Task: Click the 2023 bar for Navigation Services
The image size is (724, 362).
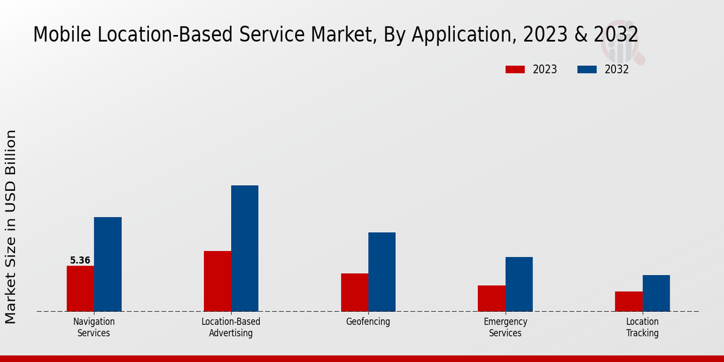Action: click(x=80, y=288)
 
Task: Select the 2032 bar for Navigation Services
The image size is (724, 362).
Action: click(x=107, y=264)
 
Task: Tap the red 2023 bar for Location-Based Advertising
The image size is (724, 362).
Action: click(x=217, y=281)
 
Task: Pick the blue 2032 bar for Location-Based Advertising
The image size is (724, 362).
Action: click(x=244, y=248)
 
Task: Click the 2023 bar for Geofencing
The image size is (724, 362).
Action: click(x=354, y=292)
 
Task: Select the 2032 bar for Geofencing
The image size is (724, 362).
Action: click(x=382, y=271)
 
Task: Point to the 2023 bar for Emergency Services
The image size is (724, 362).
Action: click(x=491, y=298)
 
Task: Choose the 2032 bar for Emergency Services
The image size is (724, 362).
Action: click(x=519, y=284)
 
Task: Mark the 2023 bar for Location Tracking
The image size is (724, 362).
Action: click(x=629, y=301)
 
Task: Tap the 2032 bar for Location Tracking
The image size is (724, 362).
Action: click(x=656, y=293)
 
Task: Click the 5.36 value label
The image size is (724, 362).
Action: click(x=80, y=261)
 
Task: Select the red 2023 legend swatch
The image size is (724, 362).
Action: click(x=515, y=69)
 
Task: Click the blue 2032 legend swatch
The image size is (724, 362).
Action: click(x=586, y=69)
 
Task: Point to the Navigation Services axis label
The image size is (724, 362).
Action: click(x=94, y=327)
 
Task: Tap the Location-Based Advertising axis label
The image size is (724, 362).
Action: click(x=231, y=327)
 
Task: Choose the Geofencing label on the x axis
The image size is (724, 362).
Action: click(x=368, y=322)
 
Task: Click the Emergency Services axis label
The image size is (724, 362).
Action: click(x=506, y=327)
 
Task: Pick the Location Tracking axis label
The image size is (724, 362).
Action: click(x=643, y=327)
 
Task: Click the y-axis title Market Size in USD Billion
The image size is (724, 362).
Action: click(x=11, y=226)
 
